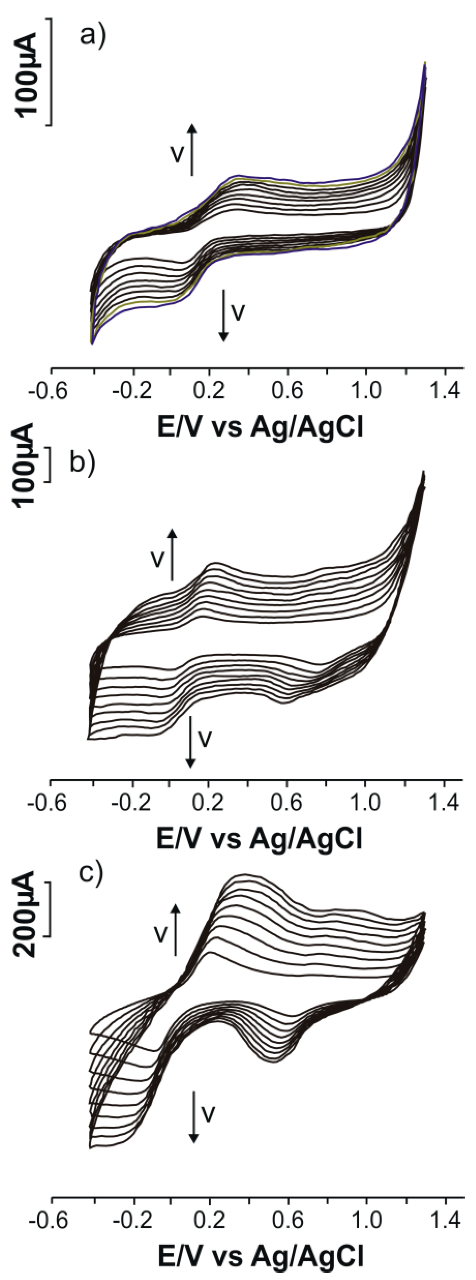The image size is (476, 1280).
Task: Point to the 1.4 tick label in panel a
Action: pos(445,391)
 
